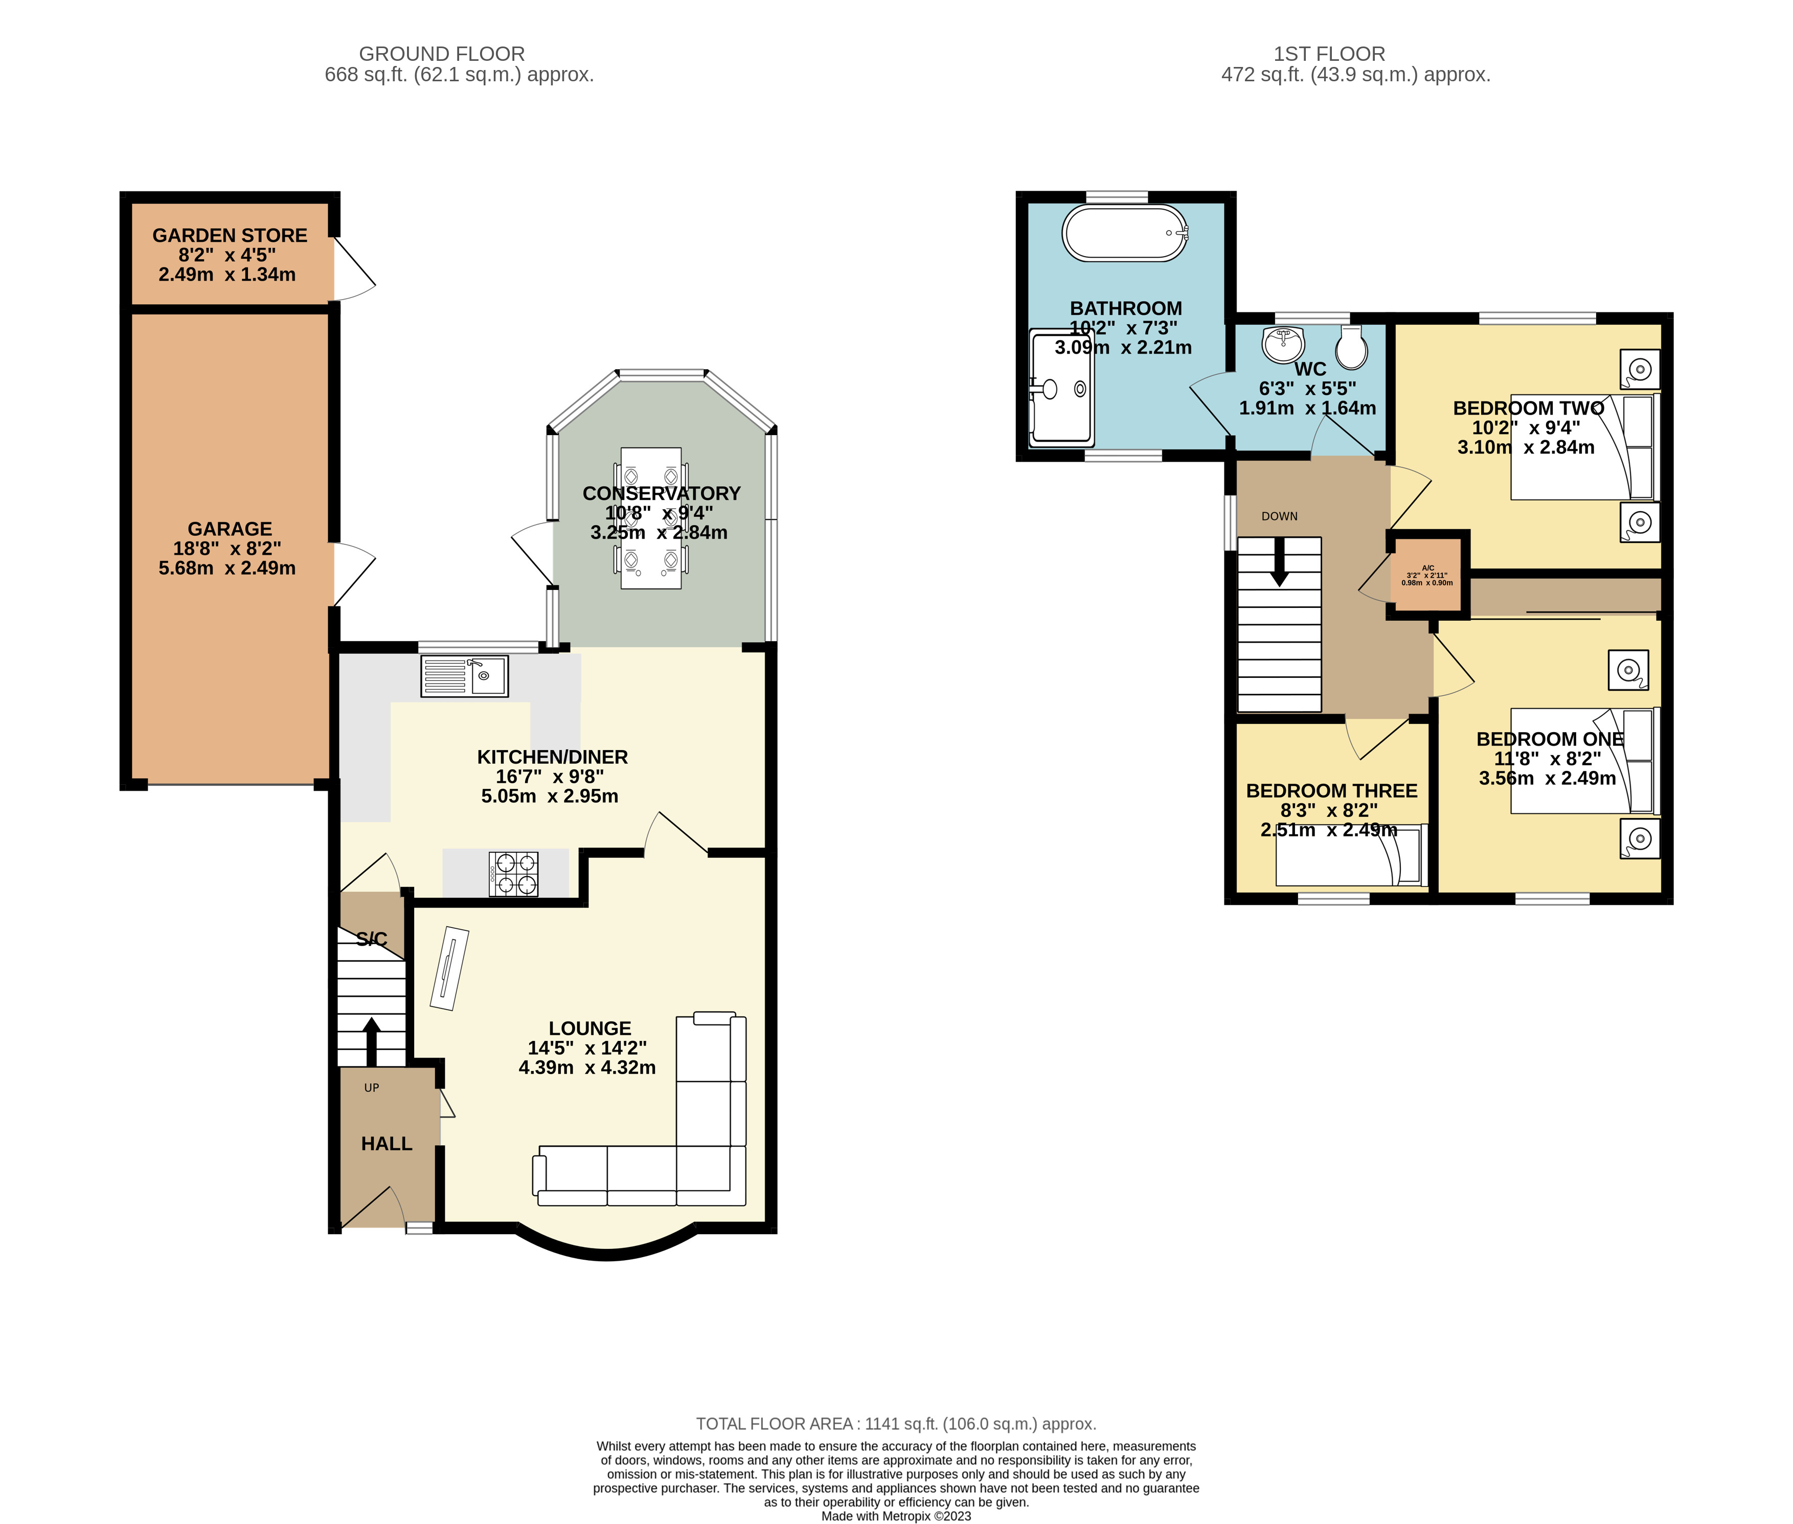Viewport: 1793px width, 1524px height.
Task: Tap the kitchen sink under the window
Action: coord(464,676)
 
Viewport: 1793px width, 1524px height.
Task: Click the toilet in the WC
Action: coord(1351,347)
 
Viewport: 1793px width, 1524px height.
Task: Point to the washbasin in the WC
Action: coord(1283,345)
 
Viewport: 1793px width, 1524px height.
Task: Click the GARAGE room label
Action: coord(230,529)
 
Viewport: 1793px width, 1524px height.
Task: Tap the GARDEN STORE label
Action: coord(230,235)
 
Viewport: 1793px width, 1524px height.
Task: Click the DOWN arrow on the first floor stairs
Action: coord(1279,561)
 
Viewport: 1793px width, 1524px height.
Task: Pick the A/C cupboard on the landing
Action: coord(1427,575)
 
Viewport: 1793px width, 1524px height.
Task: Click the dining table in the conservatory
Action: coord(651,517)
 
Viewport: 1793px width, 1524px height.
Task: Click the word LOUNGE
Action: coord(590,1028)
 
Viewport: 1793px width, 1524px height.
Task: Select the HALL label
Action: coord(386,1143)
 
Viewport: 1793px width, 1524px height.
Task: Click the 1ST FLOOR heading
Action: coord(1329,54)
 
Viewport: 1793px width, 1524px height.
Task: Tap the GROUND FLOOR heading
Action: coord(442,54)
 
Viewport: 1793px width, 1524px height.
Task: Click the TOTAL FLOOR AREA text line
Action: coord(896,1424)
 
